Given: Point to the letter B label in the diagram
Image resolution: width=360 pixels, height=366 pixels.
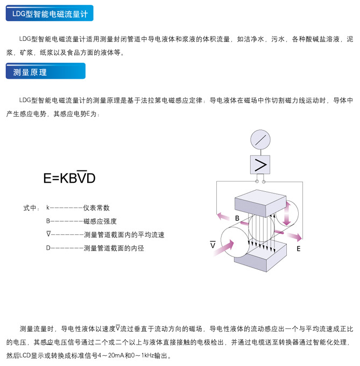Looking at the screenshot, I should tap(237, 218).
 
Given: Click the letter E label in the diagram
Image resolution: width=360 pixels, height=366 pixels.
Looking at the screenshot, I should tap(298, 249).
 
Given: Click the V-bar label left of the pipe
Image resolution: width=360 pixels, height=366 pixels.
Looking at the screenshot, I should tap(213, 245).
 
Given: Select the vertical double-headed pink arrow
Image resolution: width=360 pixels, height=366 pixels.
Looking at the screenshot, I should tap(287, 213).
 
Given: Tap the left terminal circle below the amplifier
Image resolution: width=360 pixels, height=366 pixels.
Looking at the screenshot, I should tap(257, 182).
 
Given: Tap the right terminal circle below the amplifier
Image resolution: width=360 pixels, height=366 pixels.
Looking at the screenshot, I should tap(264, 182).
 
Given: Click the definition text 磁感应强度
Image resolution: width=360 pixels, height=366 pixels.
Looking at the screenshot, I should tap(100, 221).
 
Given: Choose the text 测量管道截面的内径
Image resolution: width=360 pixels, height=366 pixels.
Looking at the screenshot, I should tap(114, 248).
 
